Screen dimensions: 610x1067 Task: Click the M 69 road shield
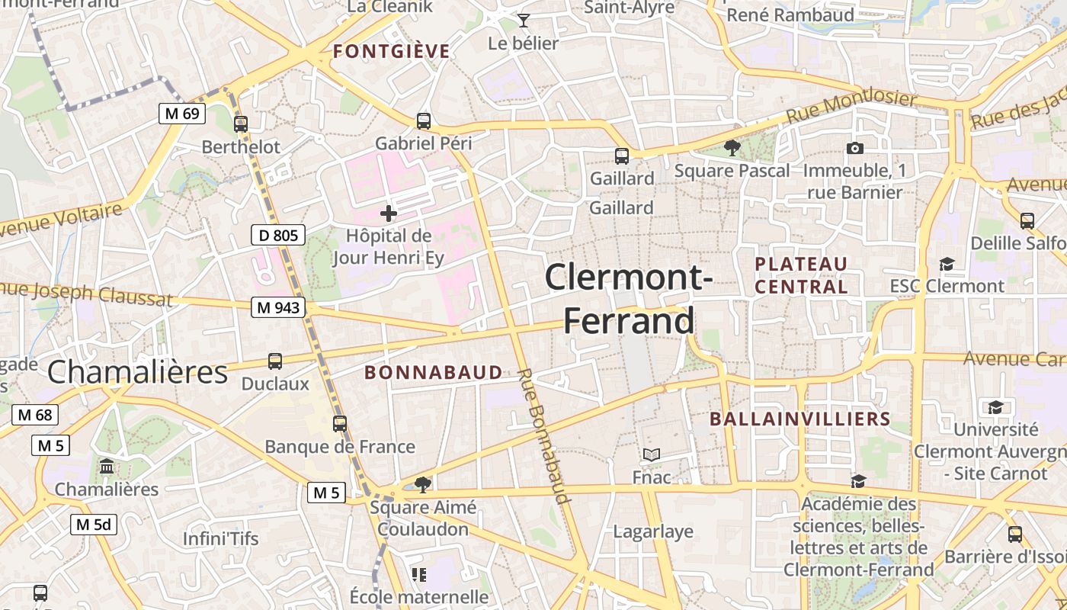(181, 114)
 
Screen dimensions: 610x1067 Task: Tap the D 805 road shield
(278, 235)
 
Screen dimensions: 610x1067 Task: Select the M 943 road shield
(278, 307)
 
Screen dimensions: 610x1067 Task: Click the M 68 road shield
(35, 415)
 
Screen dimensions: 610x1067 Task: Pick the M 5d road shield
(95, 525)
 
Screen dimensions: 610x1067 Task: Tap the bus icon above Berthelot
(241, 124)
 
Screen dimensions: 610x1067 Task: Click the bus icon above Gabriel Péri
(424, 120)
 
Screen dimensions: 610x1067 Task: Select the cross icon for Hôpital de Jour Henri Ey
(389, 213)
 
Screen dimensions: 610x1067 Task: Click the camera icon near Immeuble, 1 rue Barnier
(855, 148)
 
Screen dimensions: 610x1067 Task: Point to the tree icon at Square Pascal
(732, 148)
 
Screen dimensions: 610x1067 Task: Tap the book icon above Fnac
(651, 455)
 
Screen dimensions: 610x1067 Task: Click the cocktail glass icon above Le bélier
(523, 20)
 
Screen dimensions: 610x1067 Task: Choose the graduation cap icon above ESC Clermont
(947, 264)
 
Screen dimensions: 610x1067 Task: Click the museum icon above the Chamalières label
(107, 466)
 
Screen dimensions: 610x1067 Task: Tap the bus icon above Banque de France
(340, 424)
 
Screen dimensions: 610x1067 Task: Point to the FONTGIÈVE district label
(392, 52)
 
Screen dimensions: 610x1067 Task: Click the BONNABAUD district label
(434, 372)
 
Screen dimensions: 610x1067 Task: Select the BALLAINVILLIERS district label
(800, 419)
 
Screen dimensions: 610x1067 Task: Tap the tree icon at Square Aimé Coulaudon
(424, 484)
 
